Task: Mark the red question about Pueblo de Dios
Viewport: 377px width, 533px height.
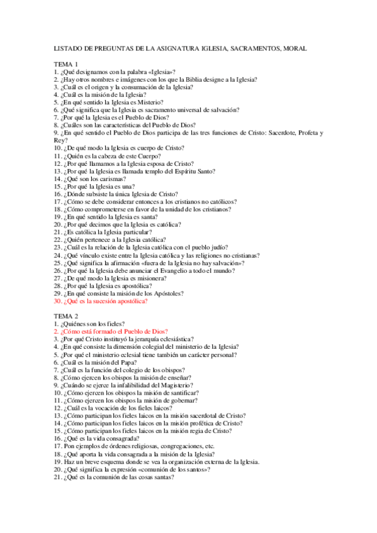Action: click(110, 331)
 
